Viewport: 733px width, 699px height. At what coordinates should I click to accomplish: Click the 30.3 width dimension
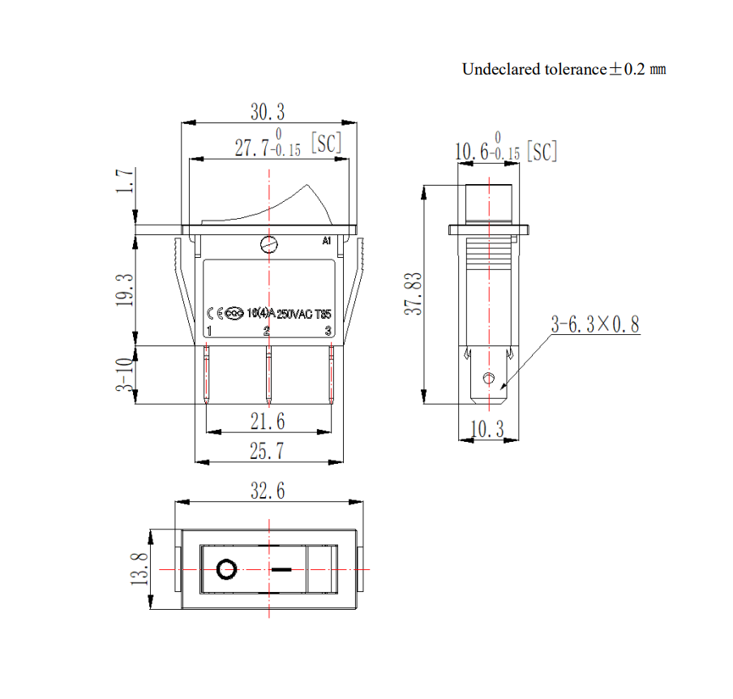(268, 112)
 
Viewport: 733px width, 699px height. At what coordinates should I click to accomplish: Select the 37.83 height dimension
(414, 294)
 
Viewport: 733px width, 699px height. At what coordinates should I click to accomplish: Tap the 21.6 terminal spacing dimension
(268, 422)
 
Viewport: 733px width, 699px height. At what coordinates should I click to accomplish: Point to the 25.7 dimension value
(267, 451)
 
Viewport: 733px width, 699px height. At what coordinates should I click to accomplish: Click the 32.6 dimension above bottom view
(268, 491)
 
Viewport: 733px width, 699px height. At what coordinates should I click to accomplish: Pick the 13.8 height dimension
(139, 569)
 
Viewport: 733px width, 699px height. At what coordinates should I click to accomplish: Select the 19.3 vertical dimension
(125, 290)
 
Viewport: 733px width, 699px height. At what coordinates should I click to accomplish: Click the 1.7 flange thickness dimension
(125, 181)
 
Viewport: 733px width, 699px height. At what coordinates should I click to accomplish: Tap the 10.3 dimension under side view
(487, 429)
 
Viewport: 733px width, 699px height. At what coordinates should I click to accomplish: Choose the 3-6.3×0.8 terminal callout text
(595, 324)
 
